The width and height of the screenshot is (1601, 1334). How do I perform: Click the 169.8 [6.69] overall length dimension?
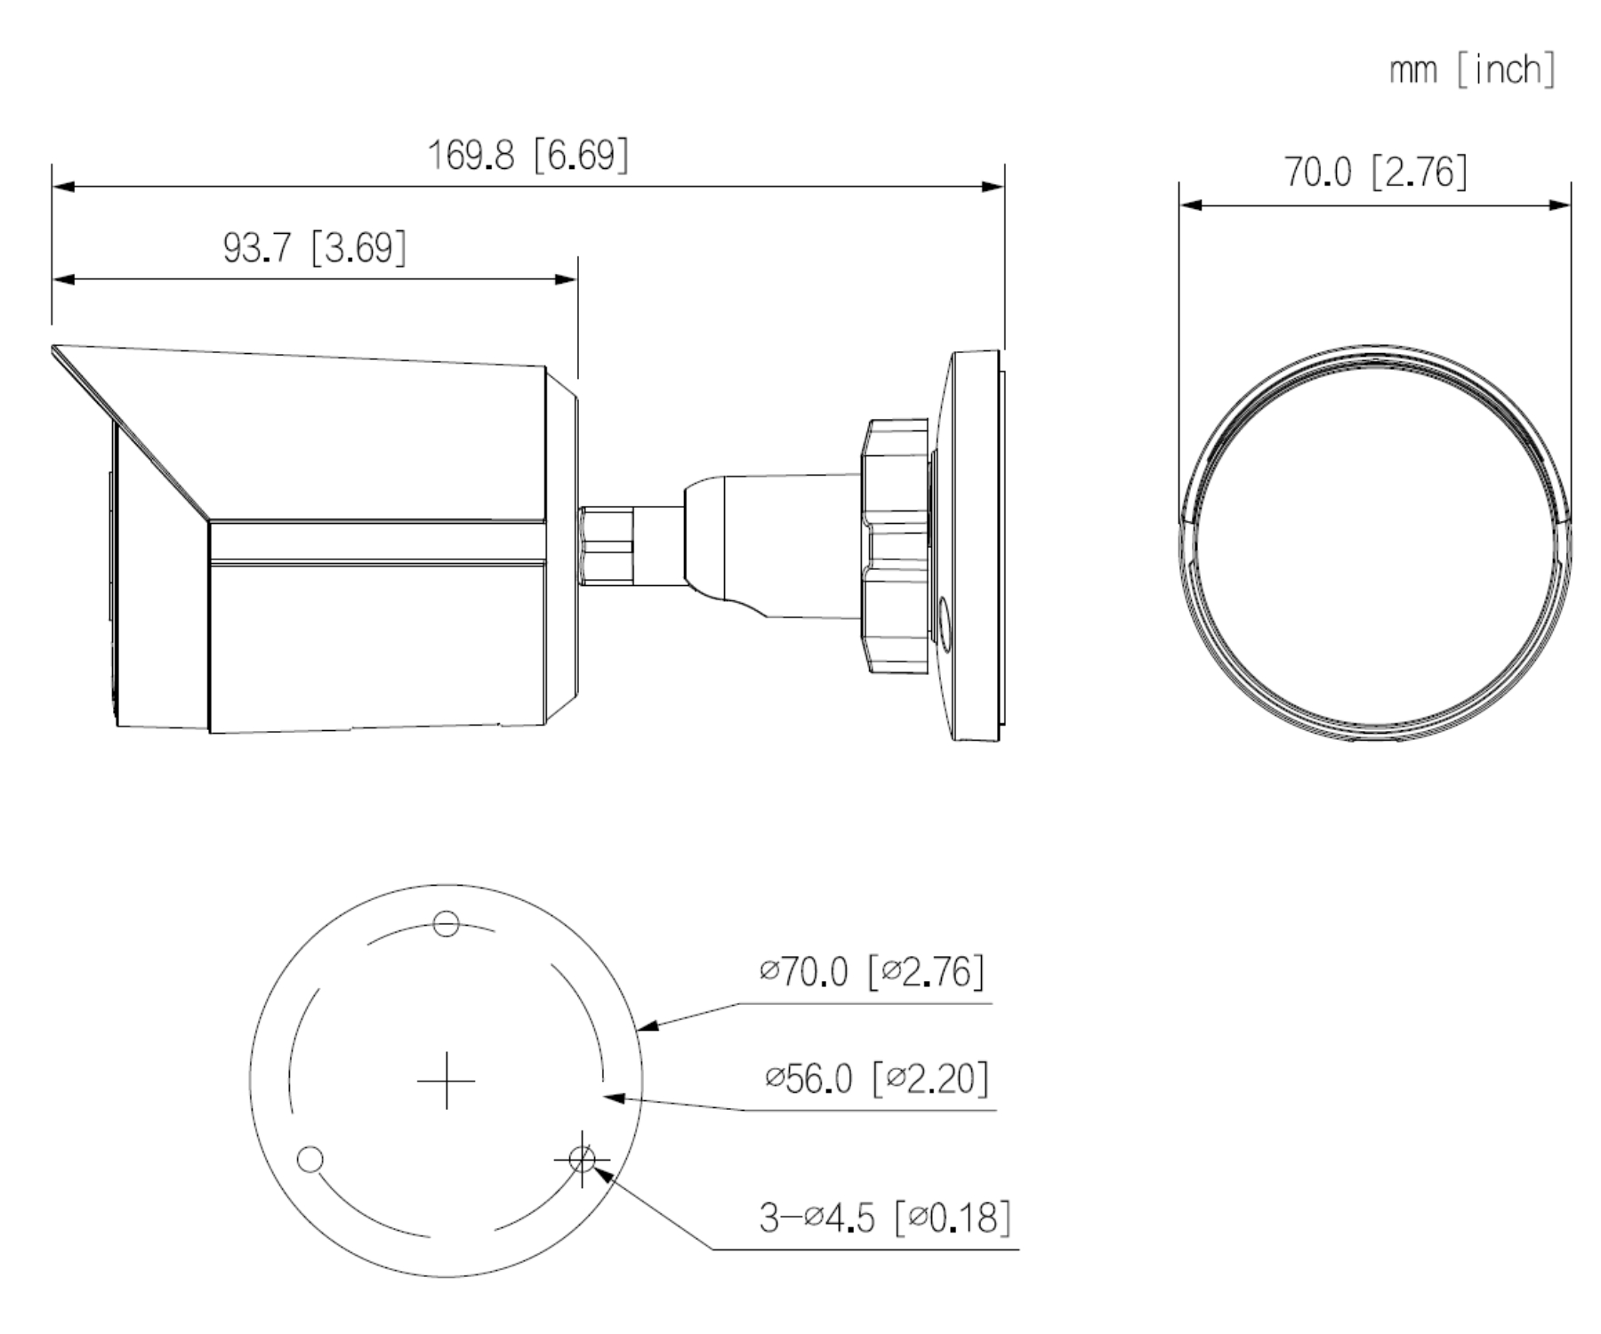pos(528,155)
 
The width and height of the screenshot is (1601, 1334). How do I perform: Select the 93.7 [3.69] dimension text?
pos(315,247)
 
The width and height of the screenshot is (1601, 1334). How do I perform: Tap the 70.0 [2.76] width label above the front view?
pos(1375,172)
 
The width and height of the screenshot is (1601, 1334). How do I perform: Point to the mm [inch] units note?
pos(1472,68)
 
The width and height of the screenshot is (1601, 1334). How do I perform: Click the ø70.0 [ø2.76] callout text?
pos(873,971)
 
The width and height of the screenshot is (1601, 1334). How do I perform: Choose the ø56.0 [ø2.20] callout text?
pos(877,1078)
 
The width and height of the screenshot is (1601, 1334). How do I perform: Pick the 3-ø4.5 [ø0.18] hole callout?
pos(885,1217)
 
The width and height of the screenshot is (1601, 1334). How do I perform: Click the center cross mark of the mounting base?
pos(446,1081)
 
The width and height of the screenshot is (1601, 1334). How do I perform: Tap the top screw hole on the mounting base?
pos(447,924)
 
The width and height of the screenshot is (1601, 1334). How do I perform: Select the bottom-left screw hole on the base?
pos(310,1160)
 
